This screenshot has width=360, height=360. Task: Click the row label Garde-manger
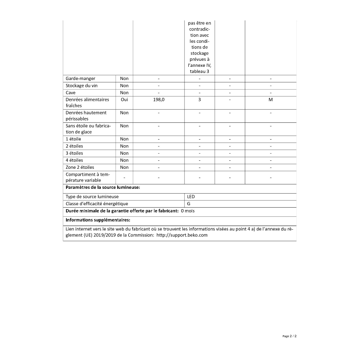pos(80,79)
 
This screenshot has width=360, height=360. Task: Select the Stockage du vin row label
pos(82,86)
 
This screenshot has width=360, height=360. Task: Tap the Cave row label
pos(70,93)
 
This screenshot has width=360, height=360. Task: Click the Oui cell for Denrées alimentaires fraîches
pos(124,100)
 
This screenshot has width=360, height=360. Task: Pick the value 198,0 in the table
pos(159,100)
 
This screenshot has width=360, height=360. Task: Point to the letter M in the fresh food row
pos(271,100)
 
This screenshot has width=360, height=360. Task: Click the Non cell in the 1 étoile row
pos(124,139)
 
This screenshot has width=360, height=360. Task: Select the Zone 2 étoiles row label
pos(80,168)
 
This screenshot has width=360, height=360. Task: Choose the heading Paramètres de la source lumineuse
pos(103,187)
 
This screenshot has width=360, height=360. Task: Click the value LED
pos(191,197)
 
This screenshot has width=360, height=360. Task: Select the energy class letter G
pos(189,204)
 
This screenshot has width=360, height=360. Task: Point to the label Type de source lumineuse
pos(92,197)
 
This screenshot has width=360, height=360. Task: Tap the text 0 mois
pos(188,211)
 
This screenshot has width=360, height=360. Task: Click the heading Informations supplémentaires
pos(98,220)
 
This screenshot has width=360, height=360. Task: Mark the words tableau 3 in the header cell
pos(200,72)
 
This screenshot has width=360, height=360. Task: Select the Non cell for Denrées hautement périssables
pos(124,113)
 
